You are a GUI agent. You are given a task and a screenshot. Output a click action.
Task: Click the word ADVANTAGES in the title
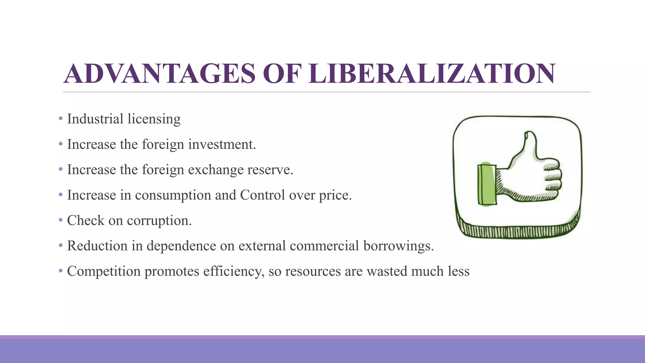tap(159, 74)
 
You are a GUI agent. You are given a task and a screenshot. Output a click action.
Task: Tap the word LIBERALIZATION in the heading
tap(432, 74)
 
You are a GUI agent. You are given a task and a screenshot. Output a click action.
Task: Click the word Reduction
tap(97, 246)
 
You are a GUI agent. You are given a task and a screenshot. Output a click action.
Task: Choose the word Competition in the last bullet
tap(104, 271)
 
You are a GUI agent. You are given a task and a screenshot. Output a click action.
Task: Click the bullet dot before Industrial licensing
tap(61, 119)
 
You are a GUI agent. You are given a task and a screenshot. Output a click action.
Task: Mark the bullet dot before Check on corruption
tap(61, 220)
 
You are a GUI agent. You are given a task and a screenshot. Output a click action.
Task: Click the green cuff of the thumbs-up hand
tap(487, 185)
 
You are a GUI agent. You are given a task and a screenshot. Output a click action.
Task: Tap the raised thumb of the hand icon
tap(527, 145)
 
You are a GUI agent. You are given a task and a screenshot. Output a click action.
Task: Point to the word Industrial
tap(95, 119)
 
